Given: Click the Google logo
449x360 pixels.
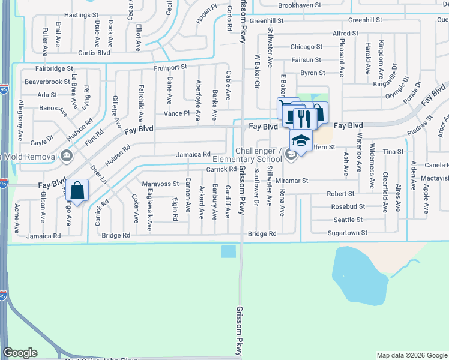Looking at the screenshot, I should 20,353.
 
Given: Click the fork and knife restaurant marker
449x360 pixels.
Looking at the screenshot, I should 303,116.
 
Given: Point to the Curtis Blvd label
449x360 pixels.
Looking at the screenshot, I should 95,52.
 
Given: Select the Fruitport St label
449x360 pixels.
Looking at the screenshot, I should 170,67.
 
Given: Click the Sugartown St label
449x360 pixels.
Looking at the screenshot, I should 347,232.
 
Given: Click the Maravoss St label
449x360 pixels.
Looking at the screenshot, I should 160,184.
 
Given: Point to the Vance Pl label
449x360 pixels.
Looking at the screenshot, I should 176,113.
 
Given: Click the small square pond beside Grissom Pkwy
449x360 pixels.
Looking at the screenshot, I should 228,251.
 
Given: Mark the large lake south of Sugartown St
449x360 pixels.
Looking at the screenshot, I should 360,275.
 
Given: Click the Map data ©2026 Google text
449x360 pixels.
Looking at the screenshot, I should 411,355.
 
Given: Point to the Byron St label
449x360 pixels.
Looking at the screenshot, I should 312,73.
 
